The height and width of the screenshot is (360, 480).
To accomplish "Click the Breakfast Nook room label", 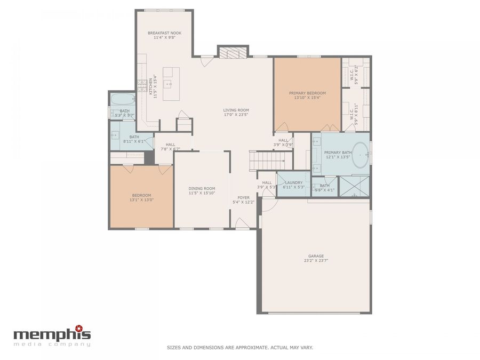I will pyautogui.click(x=164, y=33).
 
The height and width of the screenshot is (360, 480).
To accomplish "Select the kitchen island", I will pyautogui.click(x=171, y=84).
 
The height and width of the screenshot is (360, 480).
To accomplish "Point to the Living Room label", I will pyautogui.click(x=236, y=110).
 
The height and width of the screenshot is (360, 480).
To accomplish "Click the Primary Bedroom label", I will pyautogui.click(x=307, y=93).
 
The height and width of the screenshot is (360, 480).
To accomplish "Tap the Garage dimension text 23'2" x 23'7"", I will pyautogui.click(x=316, y=261).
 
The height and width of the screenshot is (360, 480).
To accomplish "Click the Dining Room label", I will pyautogui.click(x=202, y=188).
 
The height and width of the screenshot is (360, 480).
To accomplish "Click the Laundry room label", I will pyautogui.click(x=293, y=182).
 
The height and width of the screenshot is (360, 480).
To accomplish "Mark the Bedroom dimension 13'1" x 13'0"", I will pyautogui.click(x=141, y=200).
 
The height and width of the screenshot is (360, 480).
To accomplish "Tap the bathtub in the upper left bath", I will pyautogui.click(x=123, y=100).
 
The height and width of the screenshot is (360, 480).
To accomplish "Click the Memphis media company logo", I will pyautogui.click(x=52, y=335).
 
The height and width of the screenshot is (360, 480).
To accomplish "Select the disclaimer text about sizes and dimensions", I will pyautogui.click(x=239, y=347).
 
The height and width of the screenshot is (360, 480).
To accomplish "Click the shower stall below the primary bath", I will pyautogui.click(x=355, y=186).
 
